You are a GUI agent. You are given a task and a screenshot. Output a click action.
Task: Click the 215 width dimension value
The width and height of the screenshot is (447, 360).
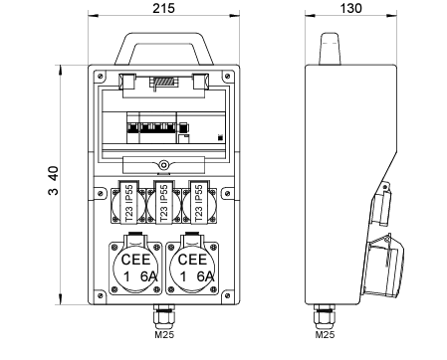click(163, 8)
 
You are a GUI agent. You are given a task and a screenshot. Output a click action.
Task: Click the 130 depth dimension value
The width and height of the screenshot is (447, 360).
click(350, 8)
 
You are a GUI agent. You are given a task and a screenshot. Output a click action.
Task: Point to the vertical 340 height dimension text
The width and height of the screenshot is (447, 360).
click(53, 180)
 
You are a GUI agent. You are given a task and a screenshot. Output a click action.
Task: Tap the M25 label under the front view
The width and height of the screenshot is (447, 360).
click(164, 334)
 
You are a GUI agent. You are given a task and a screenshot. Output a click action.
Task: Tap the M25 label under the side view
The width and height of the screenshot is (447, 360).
click(325, 334)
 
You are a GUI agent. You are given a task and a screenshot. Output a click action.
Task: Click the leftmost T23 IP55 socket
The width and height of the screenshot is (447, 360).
click(128, 203)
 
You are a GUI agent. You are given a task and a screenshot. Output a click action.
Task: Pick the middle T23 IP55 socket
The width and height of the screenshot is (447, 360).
click(163, 203)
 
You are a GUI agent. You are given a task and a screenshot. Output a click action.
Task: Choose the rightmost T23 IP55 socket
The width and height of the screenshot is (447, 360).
click(199, 203)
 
